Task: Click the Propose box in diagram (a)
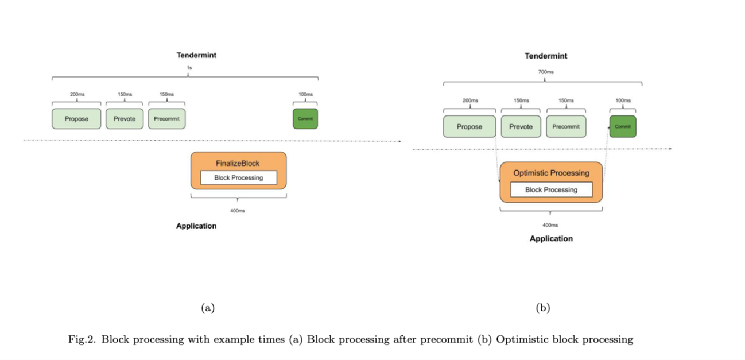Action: click(x=76, y=119)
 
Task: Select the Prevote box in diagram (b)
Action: click(x=521, y=126)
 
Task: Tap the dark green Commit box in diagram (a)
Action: click(x=305, y=119)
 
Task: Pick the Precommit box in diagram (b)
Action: click(x=566, y=126)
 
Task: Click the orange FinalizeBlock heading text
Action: click(x=238, y=164)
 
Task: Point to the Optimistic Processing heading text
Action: click(x=551, y=173)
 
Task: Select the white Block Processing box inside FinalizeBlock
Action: click(x=238, y=178)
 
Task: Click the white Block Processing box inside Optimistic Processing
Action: click(x=551, y=190)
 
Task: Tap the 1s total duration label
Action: click(x=189, y=68)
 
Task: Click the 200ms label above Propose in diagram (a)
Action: click(x=77, y=94)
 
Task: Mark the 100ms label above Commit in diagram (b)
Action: click(x=623, y=100)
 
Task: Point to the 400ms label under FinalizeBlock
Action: click(x=238, y=211)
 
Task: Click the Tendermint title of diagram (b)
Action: click(x=546, y=56)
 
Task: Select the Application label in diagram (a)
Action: click(x=196, y=226)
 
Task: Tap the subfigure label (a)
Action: click(x=207, y=308)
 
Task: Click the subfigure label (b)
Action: click(x=542, y=308)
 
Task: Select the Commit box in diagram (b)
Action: click(x=623, y=126)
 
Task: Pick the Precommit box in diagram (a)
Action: click(x=166, y=119)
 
